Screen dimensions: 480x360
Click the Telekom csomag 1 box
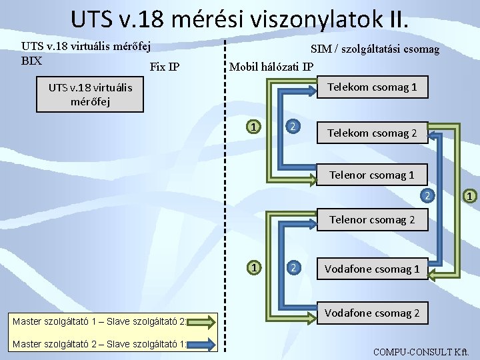pyautogui.click(x=372, y=87)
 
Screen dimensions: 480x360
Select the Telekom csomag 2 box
pyautogui.click(x=372, y=133)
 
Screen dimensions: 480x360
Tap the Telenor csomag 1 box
pyautogui.click(x=371, y=175)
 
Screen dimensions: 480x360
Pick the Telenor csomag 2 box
pyautogui.click(x=372, y=219)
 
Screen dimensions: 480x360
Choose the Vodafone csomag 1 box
pyautogui.click(x=372, y=269)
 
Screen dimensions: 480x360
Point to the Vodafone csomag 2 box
pyautogui.click(x=372, y=313)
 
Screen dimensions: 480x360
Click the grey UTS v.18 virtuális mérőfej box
pyautogui.click(x=90, y=94)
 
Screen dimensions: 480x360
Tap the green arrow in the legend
pyautogui.click(x=201, y=322)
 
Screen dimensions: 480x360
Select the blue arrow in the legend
pyautogui.click(x=201, y=345)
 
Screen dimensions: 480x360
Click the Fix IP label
pyautogui.click(x=165, y=67)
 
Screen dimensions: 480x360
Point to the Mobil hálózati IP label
pyautogui.click(x=271, y=67)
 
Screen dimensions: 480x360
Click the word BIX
pyautogui.click(x=31, y=61)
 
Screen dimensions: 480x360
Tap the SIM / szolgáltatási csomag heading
pyautogui.click(x=375, y=49)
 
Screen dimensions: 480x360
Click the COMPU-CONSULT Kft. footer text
pyautogui.click(x=421, y=352)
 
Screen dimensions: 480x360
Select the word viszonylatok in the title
pyautogui.click(x=316, y=19)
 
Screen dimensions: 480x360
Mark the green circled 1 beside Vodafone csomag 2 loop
pyautogui.click(x=254, y=267)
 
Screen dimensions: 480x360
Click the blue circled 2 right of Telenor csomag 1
pyautogui.click(x=427, y=195)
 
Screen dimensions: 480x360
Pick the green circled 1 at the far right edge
pyautogui.click(x=469, y=196)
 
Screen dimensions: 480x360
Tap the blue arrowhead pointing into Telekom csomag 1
pyautogui.click(x=313, y=91)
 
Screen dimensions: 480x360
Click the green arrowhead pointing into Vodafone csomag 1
pyautogui.click(x=431, y=275)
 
